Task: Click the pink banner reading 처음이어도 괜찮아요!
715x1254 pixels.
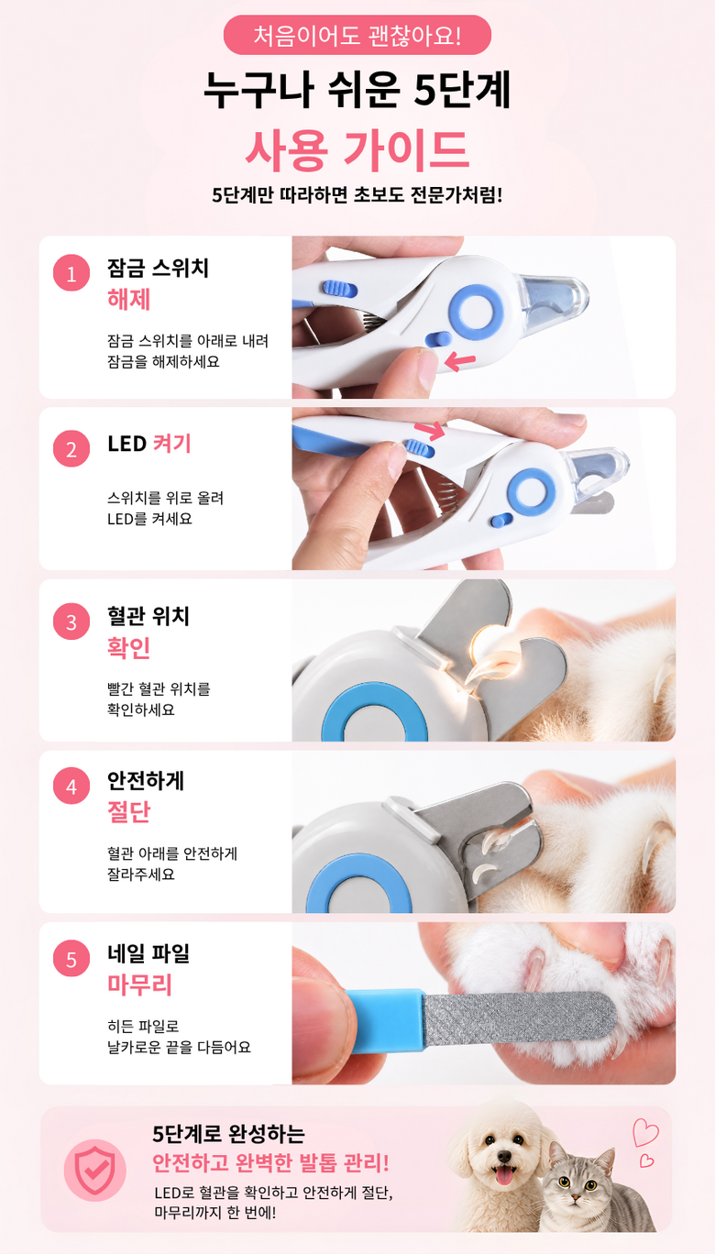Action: coord(357,35)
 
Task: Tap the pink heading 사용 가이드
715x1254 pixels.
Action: coord(357,150)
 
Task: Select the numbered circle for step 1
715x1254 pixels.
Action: coord(71,273)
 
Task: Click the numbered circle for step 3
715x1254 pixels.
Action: coord(71,621)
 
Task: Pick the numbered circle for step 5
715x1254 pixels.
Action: coord(71,959)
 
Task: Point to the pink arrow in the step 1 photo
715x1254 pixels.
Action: coord(459,361)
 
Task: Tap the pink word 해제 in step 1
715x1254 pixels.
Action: coord(128,300)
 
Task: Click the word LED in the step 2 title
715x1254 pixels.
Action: coord(127,444)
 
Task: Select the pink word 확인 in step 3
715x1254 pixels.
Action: coord(128,648)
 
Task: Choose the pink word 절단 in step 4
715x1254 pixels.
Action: coord(128,812)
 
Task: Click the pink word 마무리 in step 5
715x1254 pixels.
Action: coord(139,984)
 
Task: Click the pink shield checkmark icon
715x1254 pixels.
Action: coord(95,1170)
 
